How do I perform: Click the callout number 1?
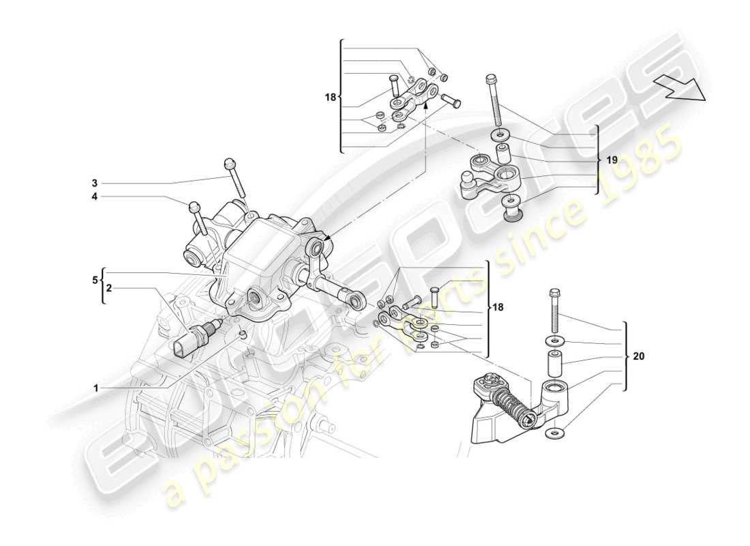click(97, 388)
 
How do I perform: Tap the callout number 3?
click(95, 183)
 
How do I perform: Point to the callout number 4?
click(95, 197)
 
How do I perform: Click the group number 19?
click(612, 160)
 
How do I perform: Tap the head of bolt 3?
click(228, 164)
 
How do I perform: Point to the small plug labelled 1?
click(242, 334)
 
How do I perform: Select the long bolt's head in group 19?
click(490, 79)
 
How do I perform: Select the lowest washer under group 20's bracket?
click(554, 433)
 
